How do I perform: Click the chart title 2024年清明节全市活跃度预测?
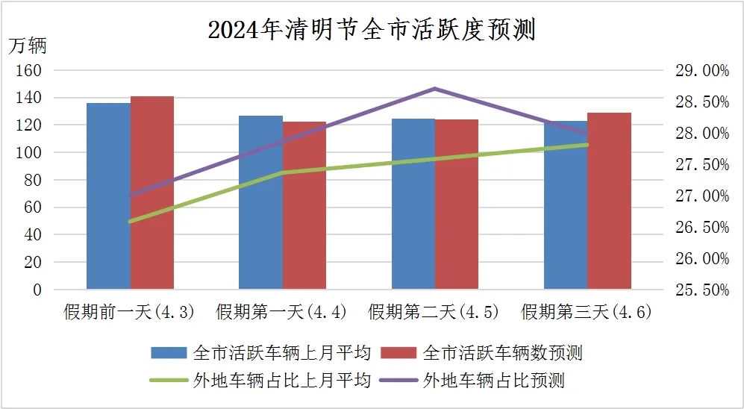(x=372, y=30)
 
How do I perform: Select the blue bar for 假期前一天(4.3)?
(x=108, y=196)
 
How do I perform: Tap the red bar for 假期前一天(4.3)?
(x=152, y=193)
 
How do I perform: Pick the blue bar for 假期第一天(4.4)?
(x=260, y=202)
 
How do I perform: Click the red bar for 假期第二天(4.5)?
(x=457, y=204)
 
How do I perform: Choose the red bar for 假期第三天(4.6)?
(x=609, y=201)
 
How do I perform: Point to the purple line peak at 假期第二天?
(x=435, y=89)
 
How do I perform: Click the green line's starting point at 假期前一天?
(x=131, y=221)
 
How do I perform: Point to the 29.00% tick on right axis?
(x=701, y=70)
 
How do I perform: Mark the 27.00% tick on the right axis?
(x=701, y=196)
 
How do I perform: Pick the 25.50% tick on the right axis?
(x=701, y=290)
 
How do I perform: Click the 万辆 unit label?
(x=28, y=46)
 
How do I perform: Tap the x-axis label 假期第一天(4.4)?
(x=282, y=312)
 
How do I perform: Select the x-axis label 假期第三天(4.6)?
(x=587, y=312)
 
